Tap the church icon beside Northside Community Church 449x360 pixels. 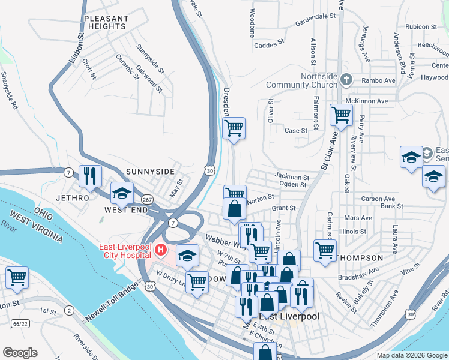pyautogui.click(x=346, y=79)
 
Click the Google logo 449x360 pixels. pyautogui.click(x=19, y=353)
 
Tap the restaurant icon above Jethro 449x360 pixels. pyautogui.click(x=90, y=176)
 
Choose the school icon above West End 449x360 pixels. pyautogui.click(x=121, y=193)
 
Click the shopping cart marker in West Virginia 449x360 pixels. pyautogui.click(x=17, y=278)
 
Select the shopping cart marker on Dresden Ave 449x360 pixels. pyautogui.click(x=234, y=128)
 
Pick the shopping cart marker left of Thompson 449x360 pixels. pyautogui.click(x=325, y=250)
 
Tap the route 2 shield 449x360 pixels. pyautogui.click(x=70, y=310)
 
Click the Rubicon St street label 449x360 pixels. pyautogui.click(x=421, y=27)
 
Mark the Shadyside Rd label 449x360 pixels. pyautogui.click(x=10, y=90)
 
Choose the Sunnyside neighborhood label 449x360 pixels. pyautogui.click(x=149, y=172)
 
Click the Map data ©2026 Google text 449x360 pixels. pyautogui.click(x=411, y=355)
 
